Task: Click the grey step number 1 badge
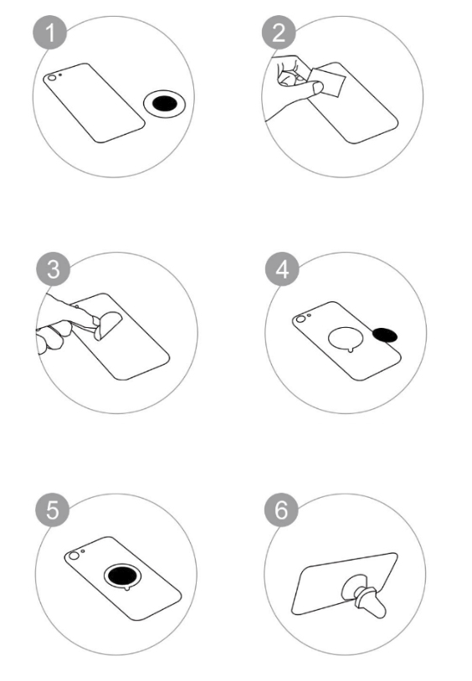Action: (50, 33)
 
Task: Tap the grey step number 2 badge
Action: (279, 33)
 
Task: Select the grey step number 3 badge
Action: (54, 269)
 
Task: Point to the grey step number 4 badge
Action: (283, 269)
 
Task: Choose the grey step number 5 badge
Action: (53, 509)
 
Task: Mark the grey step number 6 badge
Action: (282, 509)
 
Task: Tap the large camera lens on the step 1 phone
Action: (52, 78)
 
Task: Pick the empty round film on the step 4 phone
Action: (346, 338)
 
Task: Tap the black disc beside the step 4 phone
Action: (385, 335)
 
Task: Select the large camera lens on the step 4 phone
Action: (300, 320)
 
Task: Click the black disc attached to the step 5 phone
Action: (123, 576)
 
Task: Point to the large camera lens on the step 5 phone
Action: (74, 556)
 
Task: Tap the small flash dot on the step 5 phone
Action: (83, 551)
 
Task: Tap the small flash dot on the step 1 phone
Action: (60, 74)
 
